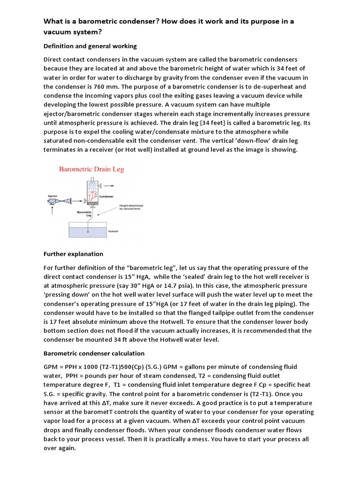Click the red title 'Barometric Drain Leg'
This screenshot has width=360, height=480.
[91, 169]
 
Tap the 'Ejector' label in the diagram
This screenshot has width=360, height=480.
[52, 196]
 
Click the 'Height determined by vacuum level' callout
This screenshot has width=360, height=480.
[131, 207]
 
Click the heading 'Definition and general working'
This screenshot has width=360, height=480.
[90, 46]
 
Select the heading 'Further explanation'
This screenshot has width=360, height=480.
[73, 254]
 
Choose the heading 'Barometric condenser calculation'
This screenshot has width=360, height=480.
[94, 353]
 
